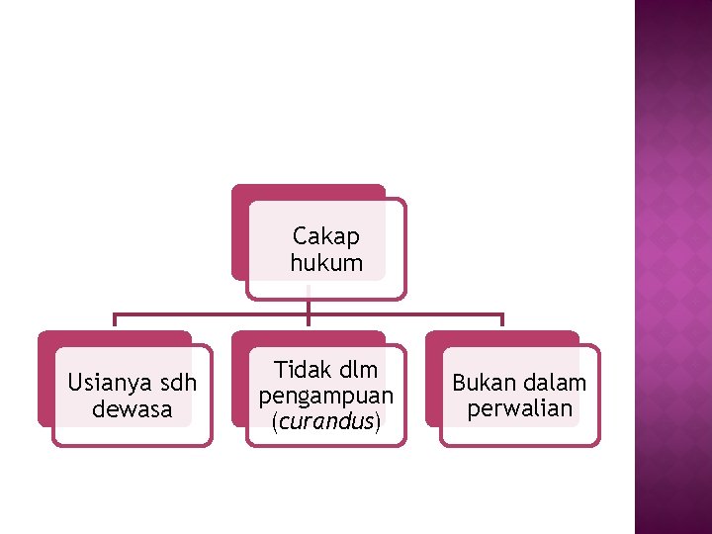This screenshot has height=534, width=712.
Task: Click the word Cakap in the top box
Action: pos(326,237)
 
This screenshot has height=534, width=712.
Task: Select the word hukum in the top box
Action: pos(326,263)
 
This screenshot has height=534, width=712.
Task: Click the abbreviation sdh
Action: pos(177,383)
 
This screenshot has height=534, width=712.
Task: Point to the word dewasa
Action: pos(132,408)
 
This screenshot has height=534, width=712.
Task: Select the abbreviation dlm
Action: pos(357,370)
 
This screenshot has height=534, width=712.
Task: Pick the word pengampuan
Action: pos(326,396)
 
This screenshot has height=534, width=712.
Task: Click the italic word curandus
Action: pos(326,421)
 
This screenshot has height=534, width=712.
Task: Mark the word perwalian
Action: pos(520,408)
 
